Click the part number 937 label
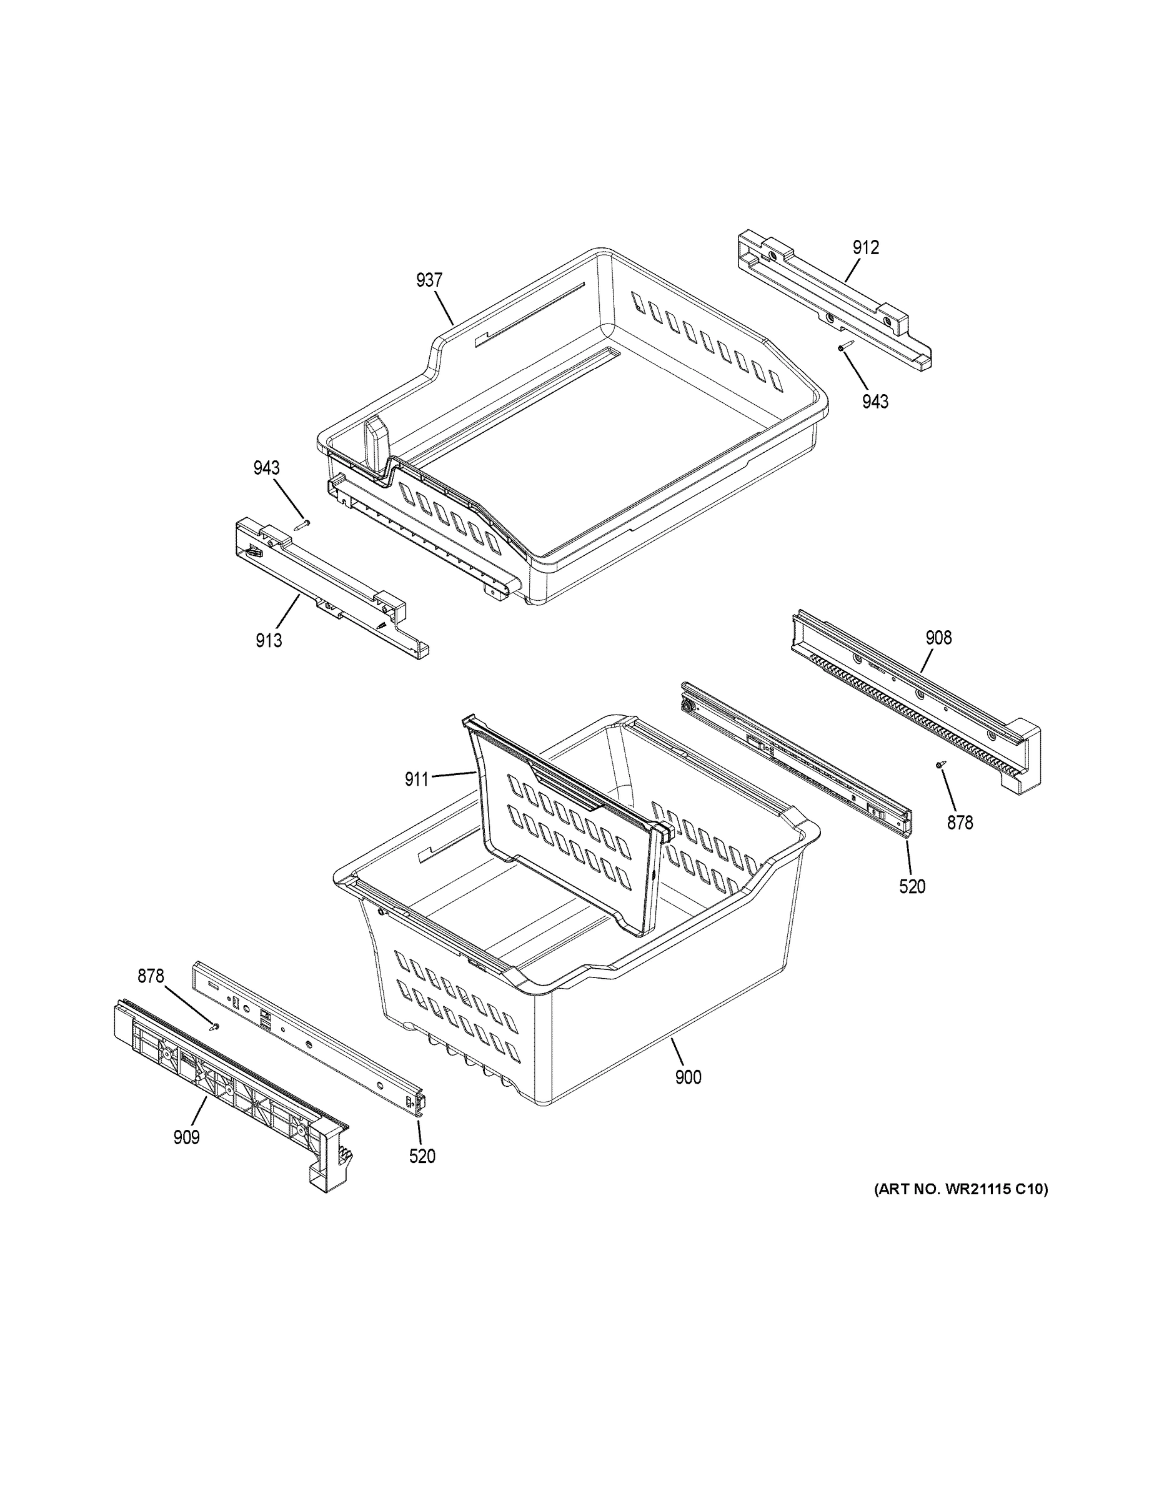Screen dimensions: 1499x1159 pos(429,280)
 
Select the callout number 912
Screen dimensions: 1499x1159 pos(866,248)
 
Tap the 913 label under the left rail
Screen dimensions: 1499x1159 pos(269,640)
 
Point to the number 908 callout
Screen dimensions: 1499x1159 pos(938,638)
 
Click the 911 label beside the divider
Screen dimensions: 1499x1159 pos(417,779)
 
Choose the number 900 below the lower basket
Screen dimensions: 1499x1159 pos(688,1077)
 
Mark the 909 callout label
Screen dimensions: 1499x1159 pos(186,1137)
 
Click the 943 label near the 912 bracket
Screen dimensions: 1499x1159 pos(875,402)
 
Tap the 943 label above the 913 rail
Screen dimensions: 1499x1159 pos(266,468)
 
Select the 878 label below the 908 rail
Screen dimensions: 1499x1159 pos(960,821)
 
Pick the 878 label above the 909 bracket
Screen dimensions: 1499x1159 pos(151,976)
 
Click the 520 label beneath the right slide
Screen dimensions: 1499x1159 pos(912,887)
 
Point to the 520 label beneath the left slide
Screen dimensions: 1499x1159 pos(422,1157)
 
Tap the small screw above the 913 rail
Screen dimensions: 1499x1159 pos(302,525)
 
